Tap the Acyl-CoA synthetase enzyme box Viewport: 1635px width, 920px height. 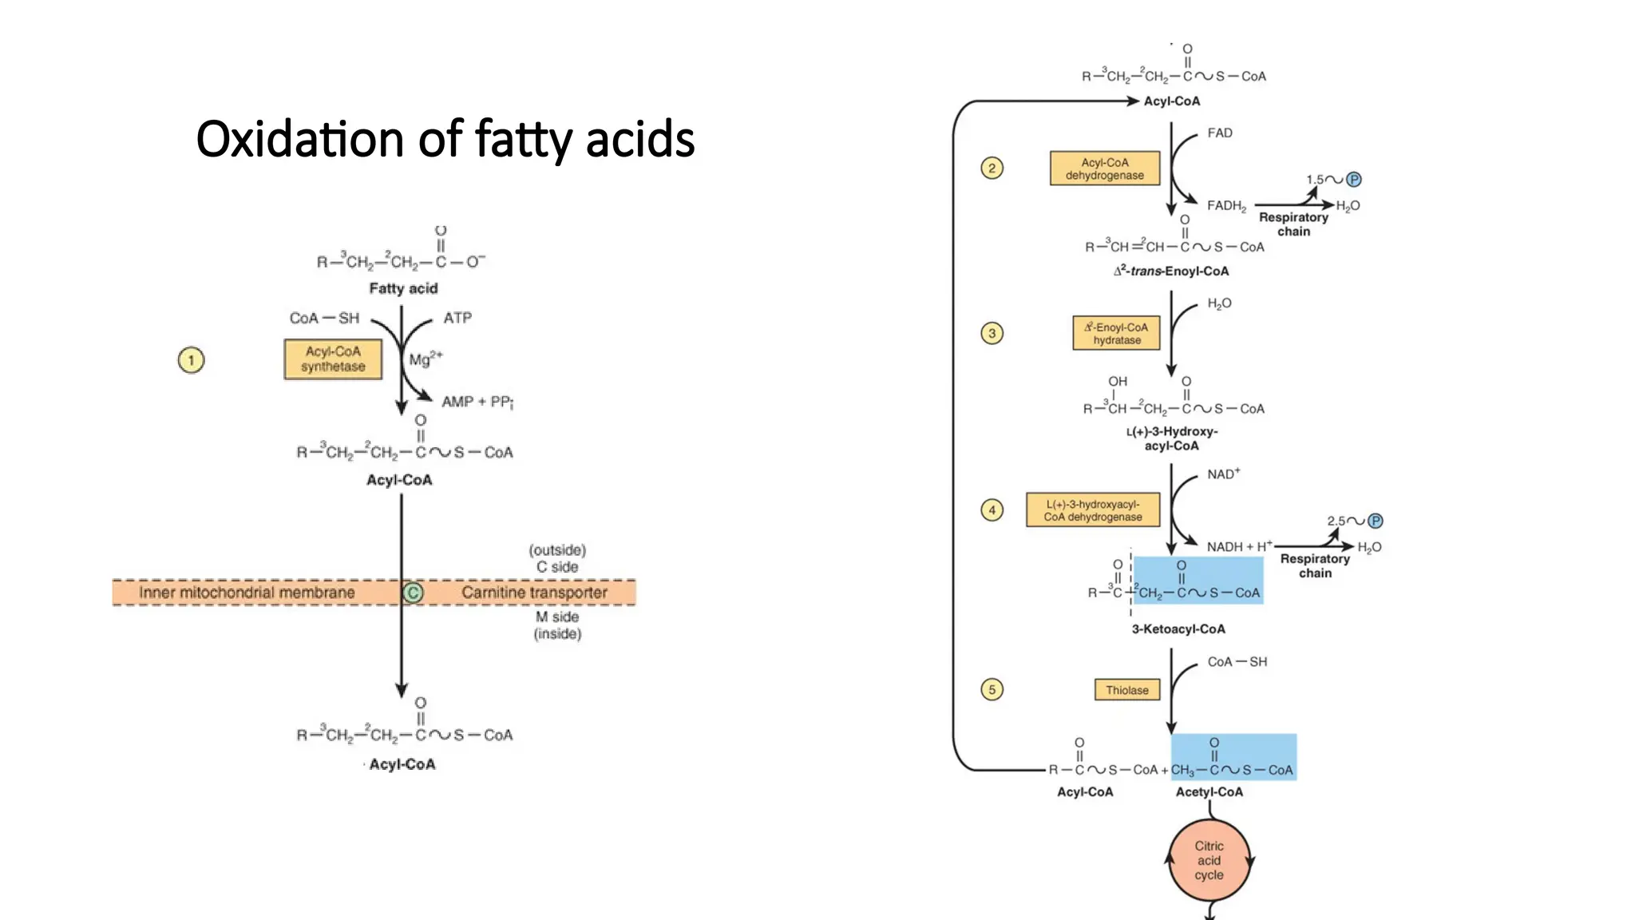coord(333,359)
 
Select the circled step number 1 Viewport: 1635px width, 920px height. coord(191,360)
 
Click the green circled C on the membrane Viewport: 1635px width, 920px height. coord(413,593)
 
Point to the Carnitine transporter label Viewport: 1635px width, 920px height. coord(534,593)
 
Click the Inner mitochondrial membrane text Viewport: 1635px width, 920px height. coord(247,593)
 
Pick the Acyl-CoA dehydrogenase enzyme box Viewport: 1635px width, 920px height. coord(1105,169)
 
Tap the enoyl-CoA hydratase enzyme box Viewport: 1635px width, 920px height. coord(1116,334)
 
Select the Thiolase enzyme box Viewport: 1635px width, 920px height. coord(1126,690)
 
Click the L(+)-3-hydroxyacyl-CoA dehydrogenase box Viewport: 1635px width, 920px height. coord(1093,510)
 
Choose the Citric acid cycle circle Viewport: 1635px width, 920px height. coord(1209,860)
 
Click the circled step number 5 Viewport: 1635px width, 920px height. coord(992,689)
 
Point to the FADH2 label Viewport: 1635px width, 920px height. coord(1226,206)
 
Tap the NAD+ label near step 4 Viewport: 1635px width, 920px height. coord(1223,474)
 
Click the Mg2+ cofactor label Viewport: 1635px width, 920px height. coord(426,359)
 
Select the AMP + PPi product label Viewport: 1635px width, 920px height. coord(477,402)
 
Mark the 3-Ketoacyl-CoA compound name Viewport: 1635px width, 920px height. coord(1178,629)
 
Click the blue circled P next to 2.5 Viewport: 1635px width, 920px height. coord(1375,521)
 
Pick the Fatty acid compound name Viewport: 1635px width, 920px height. coord(403,288)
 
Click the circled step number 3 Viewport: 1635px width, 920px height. coord(992,333)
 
